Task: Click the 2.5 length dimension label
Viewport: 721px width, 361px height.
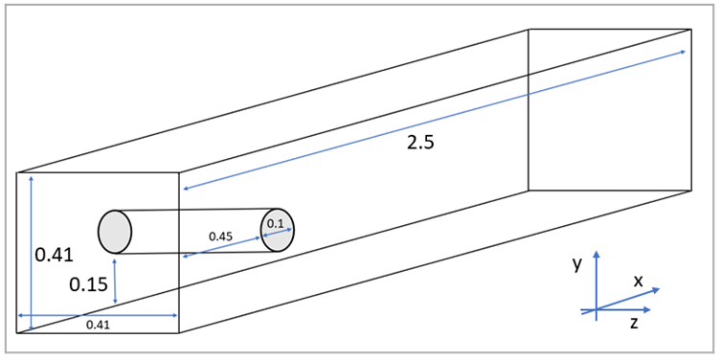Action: click(419, 143)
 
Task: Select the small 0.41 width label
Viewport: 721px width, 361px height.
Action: click(98, 326)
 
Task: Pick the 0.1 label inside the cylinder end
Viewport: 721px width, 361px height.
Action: click(276, 224)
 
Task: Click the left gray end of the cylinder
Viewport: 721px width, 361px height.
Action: click(114, 232)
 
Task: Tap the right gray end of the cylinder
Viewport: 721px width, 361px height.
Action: click(278, 230)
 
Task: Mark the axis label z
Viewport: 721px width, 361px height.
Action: click(634, 324)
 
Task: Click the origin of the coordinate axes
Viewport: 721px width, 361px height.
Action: click(597, 309)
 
